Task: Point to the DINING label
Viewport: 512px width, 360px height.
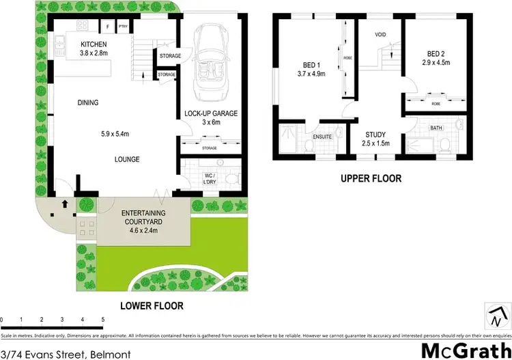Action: [x=87, y=103]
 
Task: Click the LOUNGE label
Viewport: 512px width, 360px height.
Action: [x=127, y=159]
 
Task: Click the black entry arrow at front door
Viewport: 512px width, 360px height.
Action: [x=65, y=204]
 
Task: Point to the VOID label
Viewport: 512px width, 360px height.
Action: [x=381, y=34]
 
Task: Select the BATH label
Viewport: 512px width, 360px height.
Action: [x=435, y=128]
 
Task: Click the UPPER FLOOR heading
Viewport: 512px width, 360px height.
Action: [x=372, y=178]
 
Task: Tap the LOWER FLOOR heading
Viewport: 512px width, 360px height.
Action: [x=152, y=305]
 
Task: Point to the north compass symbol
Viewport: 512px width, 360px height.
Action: [x=496, y=316]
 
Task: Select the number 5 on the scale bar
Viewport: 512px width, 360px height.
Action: [x=102, y=319]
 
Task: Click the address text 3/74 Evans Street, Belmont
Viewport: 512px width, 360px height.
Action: [x=61, y=352]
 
